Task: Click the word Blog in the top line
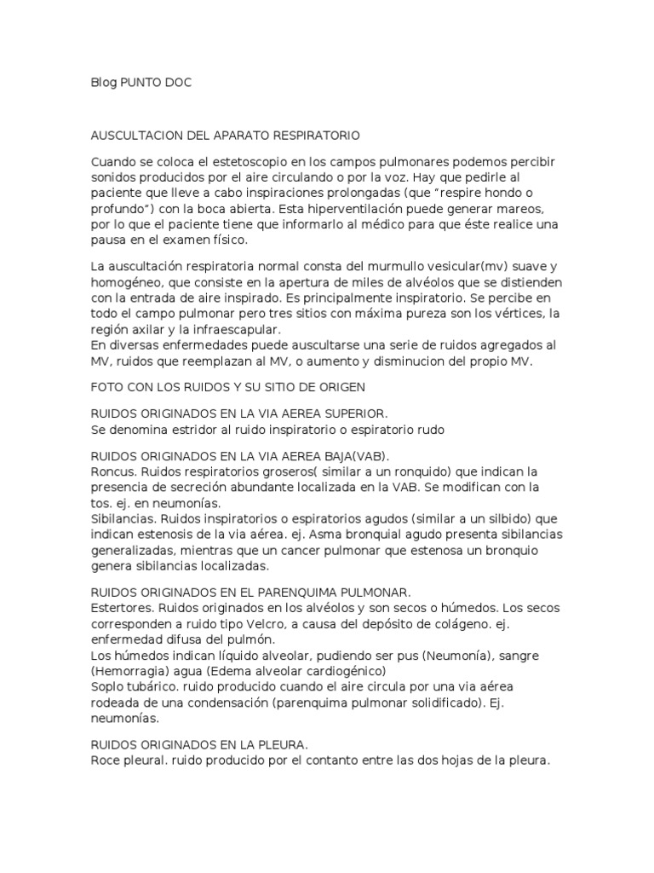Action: (x=103, y=84)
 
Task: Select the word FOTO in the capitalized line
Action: (x=106, y=386)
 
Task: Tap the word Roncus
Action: (x=111, y=471)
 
